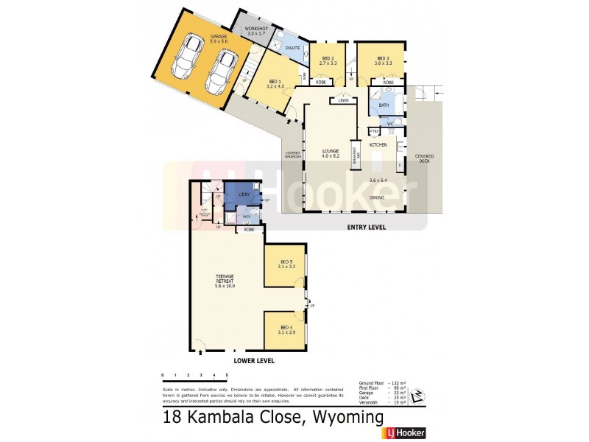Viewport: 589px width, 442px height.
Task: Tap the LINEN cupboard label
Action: (343, 101)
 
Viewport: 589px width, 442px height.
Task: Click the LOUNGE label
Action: (330, 154)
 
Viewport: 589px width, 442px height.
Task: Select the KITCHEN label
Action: (378, 145)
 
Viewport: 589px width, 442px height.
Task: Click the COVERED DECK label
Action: (424, 158)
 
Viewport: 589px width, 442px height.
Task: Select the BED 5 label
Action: (286, 263)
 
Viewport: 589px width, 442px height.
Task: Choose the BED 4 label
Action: (286, 329)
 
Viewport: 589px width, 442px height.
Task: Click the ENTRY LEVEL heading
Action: (366, 228)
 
